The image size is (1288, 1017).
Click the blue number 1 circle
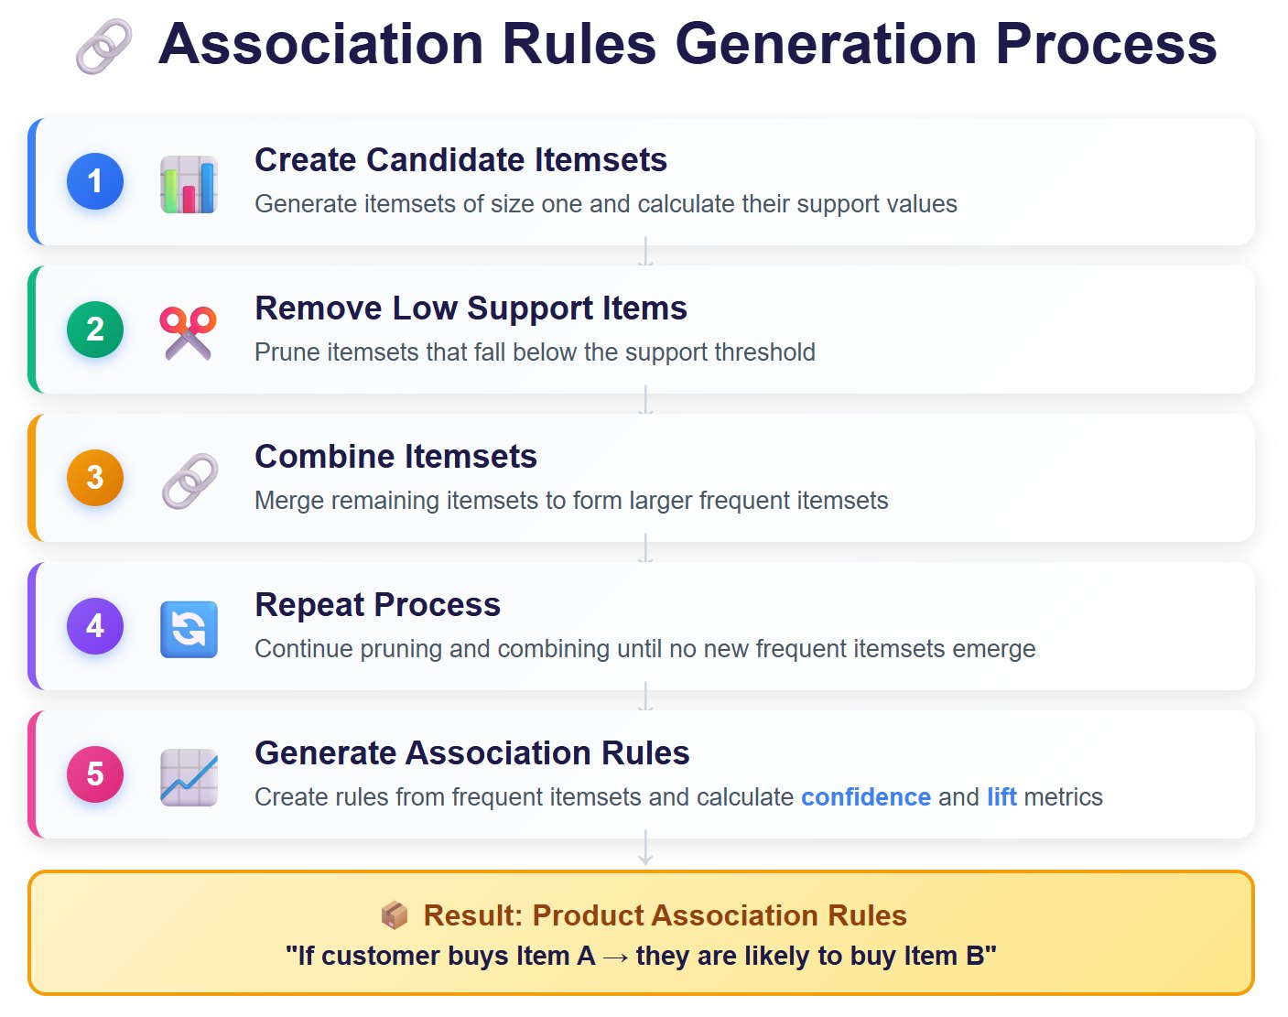pos(95,181)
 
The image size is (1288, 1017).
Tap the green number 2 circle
pos(95,330)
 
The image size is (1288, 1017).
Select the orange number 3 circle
pos(95,478)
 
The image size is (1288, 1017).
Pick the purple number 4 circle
pos(95,626)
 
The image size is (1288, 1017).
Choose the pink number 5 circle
pos(95,774)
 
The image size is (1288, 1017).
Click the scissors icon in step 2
pos(189,332)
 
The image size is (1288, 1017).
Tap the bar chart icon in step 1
pos(189,184)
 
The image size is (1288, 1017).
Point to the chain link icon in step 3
pos(189,481)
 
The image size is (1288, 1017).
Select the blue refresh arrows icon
pos(189,630)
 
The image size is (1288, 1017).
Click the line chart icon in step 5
pos(189,777)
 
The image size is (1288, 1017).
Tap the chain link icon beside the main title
pos(103,47)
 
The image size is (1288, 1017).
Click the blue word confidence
pos(865,797)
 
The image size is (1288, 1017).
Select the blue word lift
pos(1001,797)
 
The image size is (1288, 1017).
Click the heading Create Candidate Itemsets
pos(460,160)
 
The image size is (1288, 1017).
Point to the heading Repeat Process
pos(377,605)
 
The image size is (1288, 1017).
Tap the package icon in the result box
pos(394,914)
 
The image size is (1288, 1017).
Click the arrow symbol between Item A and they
pos(615,957)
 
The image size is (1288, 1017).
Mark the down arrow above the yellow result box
pos(645,849)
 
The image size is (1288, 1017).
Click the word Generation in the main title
pos(827,44)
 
